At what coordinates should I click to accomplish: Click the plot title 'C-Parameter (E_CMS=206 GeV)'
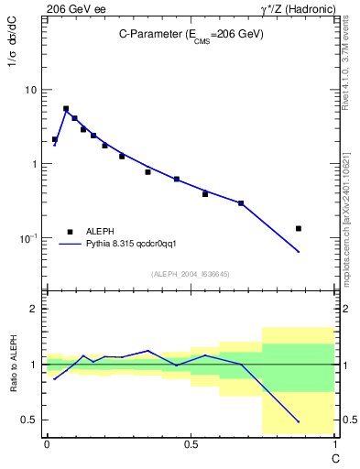(191, 34)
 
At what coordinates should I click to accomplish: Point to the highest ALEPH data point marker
(66, 108)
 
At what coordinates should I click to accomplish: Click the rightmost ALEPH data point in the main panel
(299, 228)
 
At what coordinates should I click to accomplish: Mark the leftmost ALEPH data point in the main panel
(55, 139)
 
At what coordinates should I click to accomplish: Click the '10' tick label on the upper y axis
(31, 90)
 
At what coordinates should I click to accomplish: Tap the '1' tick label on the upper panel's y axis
(35, 164)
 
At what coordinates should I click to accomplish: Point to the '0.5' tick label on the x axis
(191, 444)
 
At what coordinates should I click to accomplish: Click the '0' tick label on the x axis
(47, 444)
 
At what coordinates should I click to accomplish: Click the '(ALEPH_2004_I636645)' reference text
(191, 274)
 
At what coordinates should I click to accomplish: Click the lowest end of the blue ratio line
(299, 422)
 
